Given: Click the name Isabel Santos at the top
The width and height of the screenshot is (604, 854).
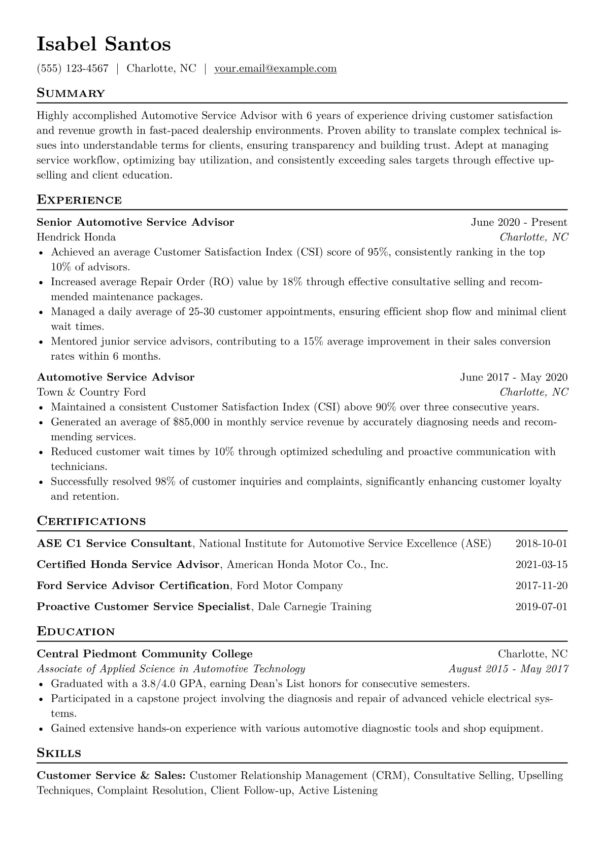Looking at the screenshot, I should [104, 45].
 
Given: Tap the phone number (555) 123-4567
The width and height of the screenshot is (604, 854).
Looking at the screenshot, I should [73, 69].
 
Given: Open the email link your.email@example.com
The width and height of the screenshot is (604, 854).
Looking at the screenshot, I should [275, 69].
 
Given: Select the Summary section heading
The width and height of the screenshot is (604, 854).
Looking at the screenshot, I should [71, 93].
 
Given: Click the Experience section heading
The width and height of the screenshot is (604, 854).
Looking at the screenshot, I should [79, 200].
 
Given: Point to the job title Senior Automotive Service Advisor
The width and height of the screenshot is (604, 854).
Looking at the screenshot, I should [136, 222].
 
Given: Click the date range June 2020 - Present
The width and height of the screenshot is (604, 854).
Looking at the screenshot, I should [519, 222].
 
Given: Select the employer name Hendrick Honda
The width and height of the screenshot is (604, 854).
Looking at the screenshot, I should [76, 237].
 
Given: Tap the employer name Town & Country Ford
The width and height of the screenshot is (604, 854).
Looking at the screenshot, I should [91, 392].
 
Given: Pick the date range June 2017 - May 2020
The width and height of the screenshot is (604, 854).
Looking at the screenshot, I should [514, 378].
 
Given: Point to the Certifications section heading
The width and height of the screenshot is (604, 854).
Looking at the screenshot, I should [91, 521].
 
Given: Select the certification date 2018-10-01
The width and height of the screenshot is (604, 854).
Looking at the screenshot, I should [541, 544].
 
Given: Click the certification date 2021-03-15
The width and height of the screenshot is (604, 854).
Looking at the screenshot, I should [541, 565].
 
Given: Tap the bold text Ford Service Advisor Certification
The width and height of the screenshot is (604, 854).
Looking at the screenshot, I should [133, 586].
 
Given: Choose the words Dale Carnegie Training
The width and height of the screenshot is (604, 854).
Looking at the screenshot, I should [315, 607].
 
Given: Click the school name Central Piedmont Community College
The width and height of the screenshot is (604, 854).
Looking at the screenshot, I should [145, 654].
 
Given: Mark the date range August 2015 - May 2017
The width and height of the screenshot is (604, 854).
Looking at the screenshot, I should [508, 669].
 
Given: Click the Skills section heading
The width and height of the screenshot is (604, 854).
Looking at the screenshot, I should [59, 753].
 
